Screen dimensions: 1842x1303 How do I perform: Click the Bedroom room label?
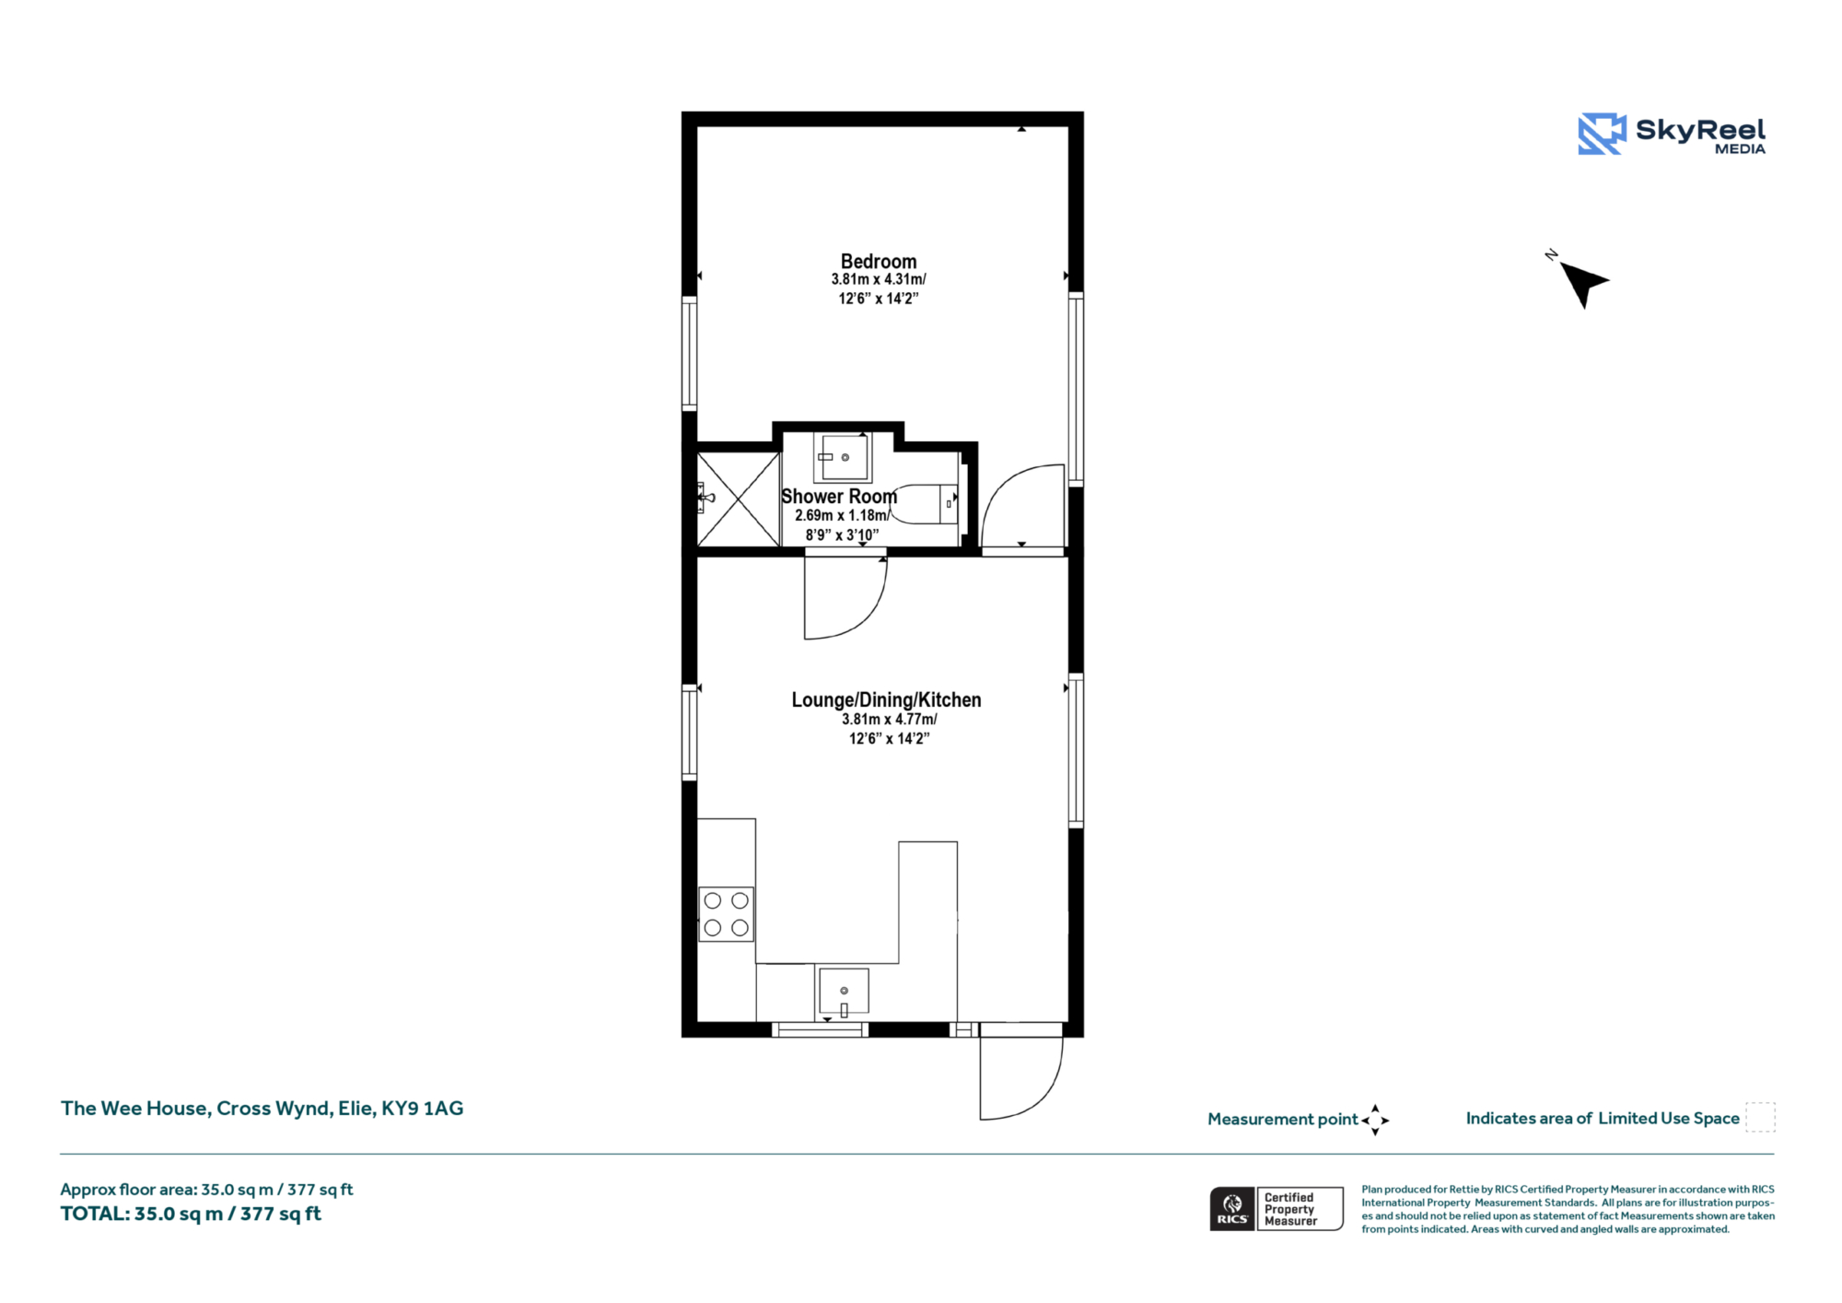click(879, 262)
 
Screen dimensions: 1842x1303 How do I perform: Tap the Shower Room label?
click(839, 497)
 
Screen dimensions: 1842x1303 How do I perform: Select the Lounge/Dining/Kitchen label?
click(886, 700)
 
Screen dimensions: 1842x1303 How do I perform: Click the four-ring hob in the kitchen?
click(727, 914)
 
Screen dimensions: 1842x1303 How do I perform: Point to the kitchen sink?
click(844, 992)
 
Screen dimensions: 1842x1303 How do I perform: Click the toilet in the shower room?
click(925, 504)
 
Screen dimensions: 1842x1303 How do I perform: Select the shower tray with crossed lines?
click(739, 499)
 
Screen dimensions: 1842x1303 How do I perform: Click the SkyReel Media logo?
click(1672, 135)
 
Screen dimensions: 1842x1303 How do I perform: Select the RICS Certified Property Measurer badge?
click(1277, 1209)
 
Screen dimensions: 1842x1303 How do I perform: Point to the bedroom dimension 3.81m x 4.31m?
click(879, 279)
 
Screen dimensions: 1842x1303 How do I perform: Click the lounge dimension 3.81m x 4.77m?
click(890, 720)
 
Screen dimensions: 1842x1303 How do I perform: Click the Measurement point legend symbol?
click(1375, 1120)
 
